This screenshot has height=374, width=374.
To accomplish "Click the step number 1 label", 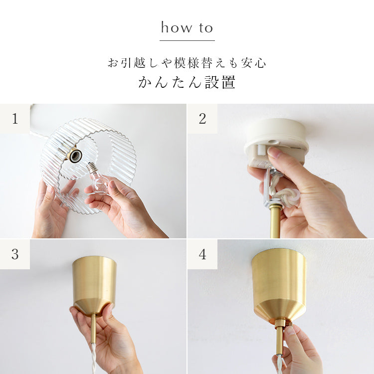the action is coord(15,119).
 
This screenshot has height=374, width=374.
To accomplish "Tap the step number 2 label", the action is coord(202,119).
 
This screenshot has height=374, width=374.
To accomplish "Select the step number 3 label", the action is coord(15,254).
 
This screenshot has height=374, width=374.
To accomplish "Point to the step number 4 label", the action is coord(202,254).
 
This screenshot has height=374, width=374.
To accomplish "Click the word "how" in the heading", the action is coord(177,27).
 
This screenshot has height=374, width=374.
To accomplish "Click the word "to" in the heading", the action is coord(206,28).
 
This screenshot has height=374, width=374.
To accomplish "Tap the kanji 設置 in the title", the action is coord(220,82).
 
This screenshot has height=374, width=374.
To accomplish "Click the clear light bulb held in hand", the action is coord(98,179).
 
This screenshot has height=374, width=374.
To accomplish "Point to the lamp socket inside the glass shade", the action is coord(75,155).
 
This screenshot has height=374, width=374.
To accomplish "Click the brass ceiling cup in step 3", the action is coord(94,286).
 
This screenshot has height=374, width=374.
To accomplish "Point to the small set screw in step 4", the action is coord(290,325).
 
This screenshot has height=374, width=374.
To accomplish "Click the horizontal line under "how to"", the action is coord(187,40).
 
